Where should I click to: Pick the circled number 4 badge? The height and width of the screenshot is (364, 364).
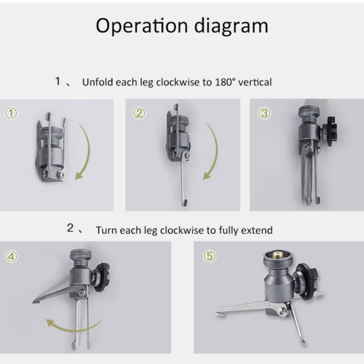(12, 257)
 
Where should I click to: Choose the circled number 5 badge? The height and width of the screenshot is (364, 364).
(208, 257)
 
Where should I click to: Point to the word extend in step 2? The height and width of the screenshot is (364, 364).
(259, 230)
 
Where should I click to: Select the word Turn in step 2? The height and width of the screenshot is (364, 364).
(106, 230)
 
